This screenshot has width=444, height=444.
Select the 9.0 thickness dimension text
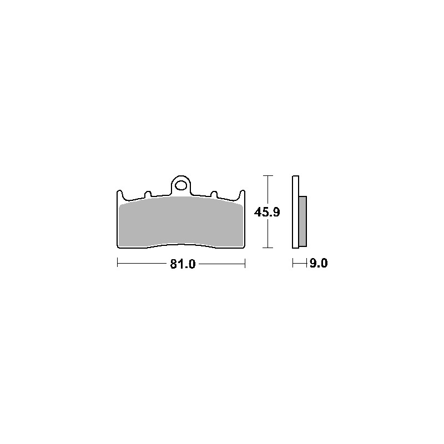point(319,264)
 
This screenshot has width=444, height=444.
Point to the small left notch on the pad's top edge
point(147,194)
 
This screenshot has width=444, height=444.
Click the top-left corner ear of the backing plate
point(119,193)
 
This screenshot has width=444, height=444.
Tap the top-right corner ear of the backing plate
point(243,193)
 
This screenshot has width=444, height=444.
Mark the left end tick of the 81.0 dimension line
point(117,264)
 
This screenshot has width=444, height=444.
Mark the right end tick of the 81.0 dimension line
point(245,264)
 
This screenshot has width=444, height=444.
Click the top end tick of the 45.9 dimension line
point(269,176)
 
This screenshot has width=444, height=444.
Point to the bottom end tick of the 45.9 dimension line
point(269,247)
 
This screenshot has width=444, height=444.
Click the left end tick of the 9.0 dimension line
point(292,264)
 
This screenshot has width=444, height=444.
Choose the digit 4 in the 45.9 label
point(258,211)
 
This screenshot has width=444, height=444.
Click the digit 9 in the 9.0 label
point(313,264)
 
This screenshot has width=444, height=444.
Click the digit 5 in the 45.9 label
point(264,211)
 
